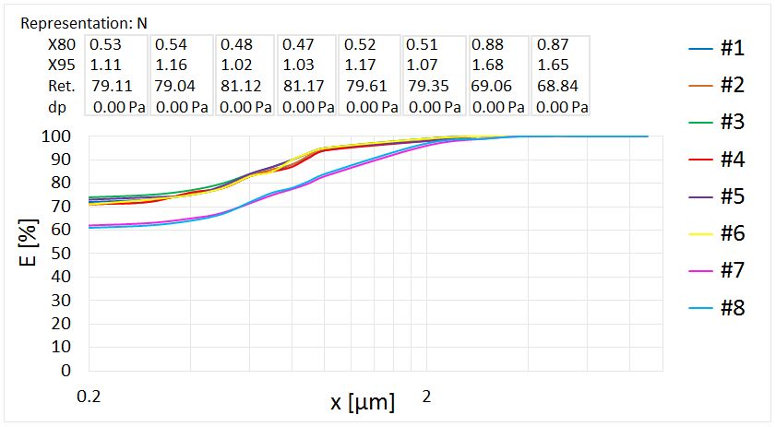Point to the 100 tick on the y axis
tap(57, 136)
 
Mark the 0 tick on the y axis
tap(66, 371)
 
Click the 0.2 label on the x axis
tap(89, 397)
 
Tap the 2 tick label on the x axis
tap(426, 397)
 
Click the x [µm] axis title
tap(363, 402)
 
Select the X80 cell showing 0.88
tap(486, 44)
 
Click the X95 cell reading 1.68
tap(486, 65)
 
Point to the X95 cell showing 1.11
tap(105, 65)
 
